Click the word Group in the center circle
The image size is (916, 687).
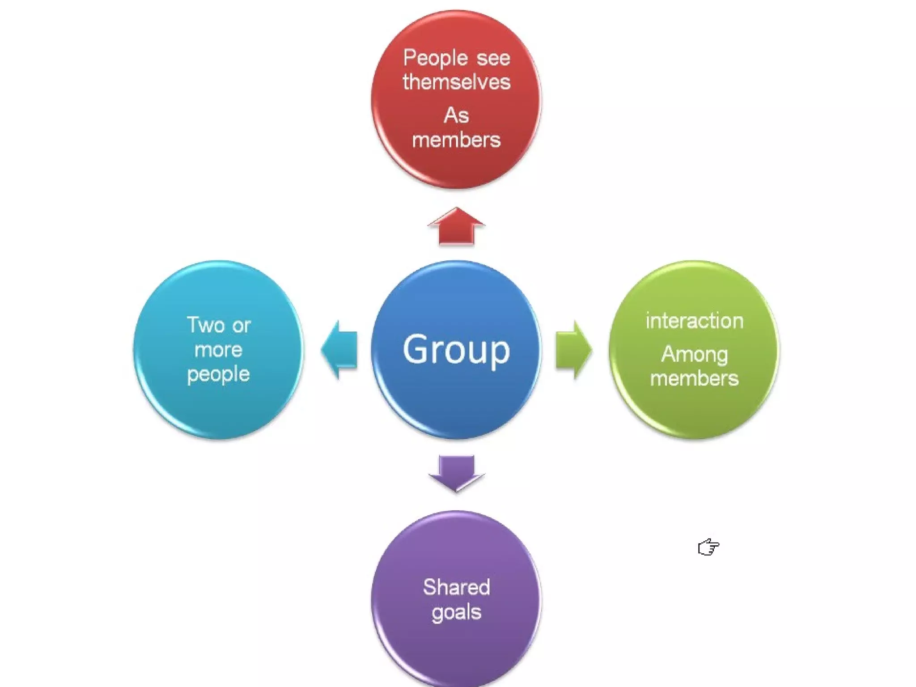pos(456,350)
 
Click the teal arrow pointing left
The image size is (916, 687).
pos(339,350)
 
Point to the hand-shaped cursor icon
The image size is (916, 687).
pos(708,547)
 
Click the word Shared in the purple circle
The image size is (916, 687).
pos(456,587)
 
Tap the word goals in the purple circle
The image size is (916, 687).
pos(456,612)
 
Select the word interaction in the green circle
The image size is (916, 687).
pos(694,321)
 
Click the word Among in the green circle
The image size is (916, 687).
pos(694,355)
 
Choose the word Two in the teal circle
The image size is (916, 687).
pos(205,325)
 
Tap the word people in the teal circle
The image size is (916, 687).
pos(218,374)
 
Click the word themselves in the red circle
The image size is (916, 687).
pos(456,82)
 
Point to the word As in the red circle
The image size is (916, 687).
pos(456,116)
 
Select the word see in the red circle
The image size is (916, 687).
pos(493,59)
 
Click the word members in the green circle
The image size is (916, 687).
pos(694,379)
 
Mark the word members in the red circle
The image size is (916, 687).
pos(456,140)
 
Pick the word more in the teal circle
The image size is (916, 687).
pos(218,350)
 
